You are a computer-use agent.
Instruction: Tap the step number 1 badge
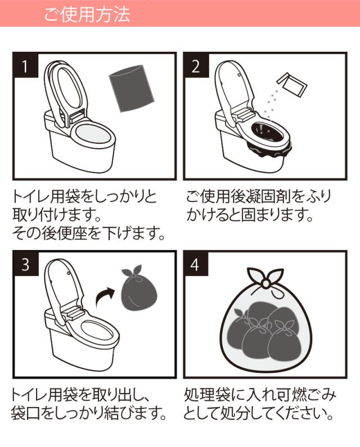coord(25,66)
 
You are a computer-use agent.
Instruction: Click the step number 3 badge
coord(25,264)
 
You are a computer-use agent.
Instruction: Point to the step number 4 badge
coord(196,264)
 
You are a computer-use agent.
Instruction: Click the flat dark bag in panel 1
coord(131,90)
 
